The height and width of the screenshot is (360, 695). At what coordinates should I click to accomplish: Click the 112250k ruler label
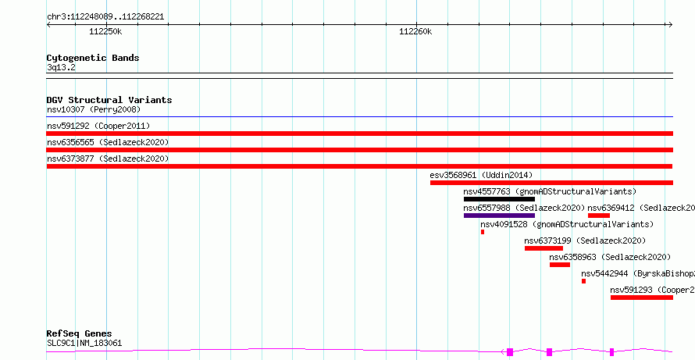coord(105,31)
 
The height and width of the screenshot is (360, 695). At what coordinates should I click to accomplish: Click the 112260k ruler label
coord(415,31)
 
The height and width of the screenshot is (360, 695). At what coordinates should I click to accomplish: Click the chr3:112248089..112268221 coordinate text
coord(105,17)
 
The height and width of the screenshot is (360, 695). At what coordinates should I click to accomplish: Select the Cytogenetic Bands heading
coord(93,58)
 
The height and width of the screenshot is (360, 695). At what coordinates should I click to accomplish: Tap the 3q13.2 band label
coord(61,68)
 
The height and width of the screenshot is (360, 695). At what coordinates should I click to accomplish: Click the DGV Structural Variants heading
coord(109,100)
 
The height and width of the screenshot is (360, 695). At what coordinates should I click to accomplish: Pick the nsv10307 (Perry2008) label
coord(94,109)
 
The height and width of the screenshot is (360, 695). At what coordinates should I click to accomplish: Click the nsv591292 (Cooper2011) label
coord(98,126)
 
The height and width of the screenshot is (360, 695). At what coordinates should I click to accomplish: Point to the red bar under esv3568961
coord(551,183)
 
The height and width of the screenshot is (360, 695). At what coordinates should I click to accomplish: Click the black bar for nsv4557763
coord(499,199)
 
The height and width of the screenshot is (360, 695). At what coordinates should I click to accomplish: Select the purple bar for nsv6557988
coord(499,216)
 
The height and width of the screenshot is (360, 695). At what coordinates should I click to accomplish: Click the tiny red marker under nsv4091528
coord(483,232)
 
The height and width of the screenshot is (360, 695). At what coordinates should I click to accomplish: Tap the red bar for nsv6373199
coord(544,248)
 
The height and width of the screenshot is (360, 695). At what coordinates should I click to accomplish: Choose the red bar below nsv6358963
coord(560,265)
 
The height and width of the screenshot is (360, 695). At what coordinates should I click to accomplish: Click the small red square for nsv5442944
coord(584,281)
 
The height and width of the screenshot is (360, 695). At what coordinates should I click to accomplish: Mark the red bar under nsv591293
coord(642,298)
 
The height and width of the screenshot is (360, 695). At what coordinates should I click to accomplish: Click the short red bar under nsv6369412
coord(599,216)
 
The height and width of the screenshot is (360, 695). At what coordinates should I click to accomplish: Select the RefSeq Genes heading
coord(80,333)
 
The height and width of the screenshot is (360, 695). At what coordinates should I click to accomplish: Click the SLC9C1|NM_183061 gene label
coord(84,343)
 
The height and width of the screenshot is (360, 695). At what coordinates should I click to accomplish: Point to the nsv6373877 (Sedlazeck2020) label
coord(108,159)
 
